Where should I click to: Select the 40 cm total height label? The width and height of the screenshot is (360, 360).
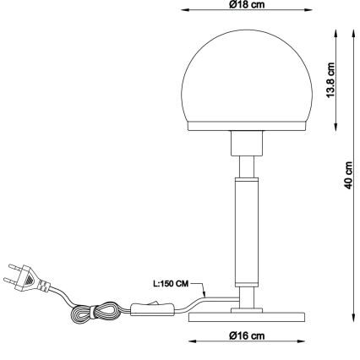tap(348, 178)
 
